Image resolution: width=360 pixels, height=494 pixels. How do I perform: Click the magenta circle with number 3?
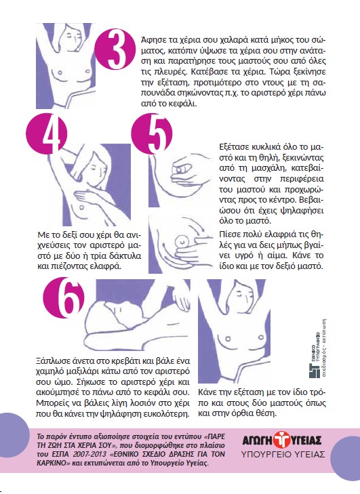(115, 49)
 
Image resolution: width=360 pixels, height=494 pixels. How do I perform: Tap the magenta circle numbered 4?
(47, 134)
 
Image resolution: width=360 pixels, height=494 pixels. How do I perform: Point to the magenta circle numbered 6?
(64, 297)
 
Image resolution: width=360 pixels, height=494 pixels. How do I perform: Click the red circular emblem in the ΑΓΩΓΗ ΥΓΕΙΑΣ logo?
(281, 439)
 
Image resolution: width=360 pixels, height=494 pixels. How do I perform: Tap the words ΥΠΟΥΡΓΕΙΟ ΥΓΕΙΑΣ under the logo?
(283, 455)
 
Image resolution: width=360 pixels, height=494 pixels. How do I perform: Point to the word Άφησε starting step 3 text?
(152, 40)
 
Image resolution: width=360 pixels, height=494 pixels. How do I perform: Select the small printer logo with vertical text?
(317, 348)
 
